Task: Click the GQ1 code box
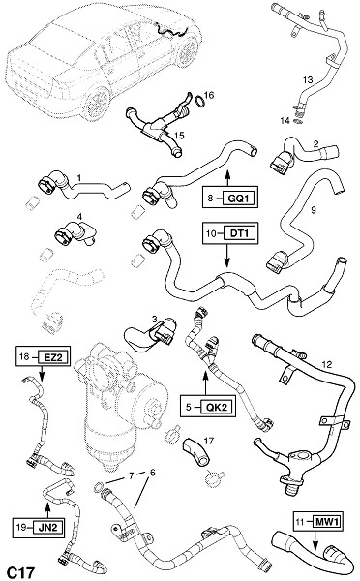click(239, 199)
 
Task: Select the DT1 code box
click(239, 233)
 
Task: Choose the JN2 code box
click(47, 527)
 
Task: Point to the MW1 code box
click(327, 523)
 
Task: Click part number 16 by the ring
click(209, 95)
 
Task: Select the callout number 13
click(308, 79)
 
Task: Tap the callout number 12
click(327, 364)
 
